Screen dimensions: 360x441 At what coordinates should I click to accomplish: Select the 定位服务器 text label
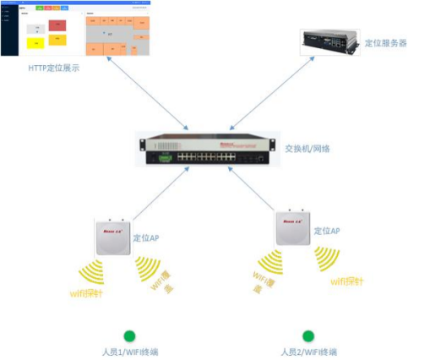pos(387,42)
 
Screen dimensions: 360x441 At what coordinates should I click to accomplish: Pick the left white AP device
pos(112,236)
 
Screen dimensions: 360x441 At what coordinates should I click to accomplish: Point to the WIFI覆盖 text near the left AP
pos(159,281)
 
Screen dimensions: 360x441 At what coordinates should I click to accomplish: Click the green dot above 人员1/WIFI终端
pos(129,335)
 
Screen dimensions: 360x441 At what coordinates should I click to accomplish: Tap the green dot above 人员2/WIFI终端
pos(308,335)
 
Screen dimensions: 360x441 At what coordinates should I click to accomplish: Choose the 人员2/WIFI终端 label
pos(308,352)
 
